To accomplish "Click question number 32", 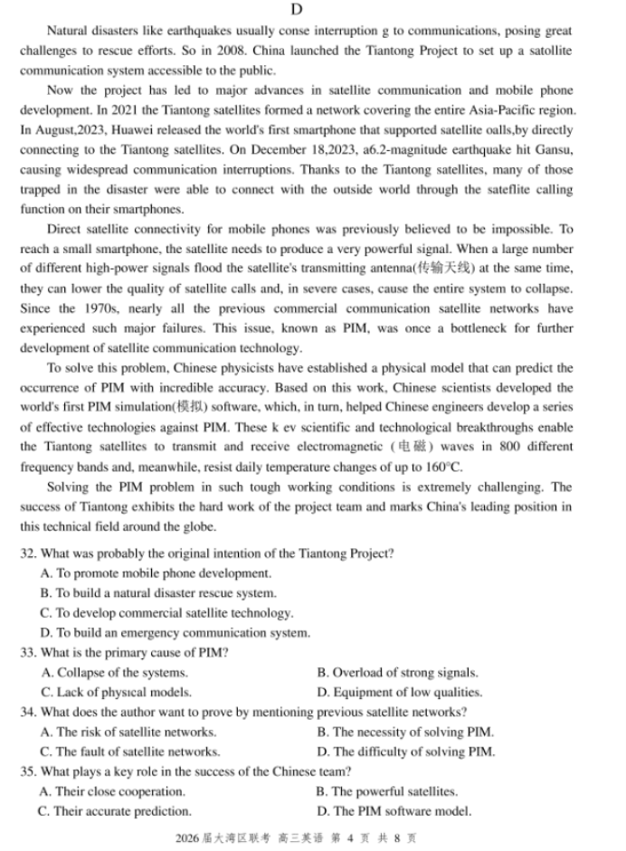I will pos(27,553).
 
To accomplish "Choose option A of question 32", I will pos(155,573).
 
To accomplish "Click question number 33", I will pos(27,653).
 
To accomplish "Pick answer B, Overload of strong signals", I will pos(397,673).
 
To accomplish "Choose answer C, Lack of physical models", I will pos(116,693).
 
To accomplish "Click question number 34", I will pos(27,713).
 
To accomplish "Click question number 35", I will pos(27,771).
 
